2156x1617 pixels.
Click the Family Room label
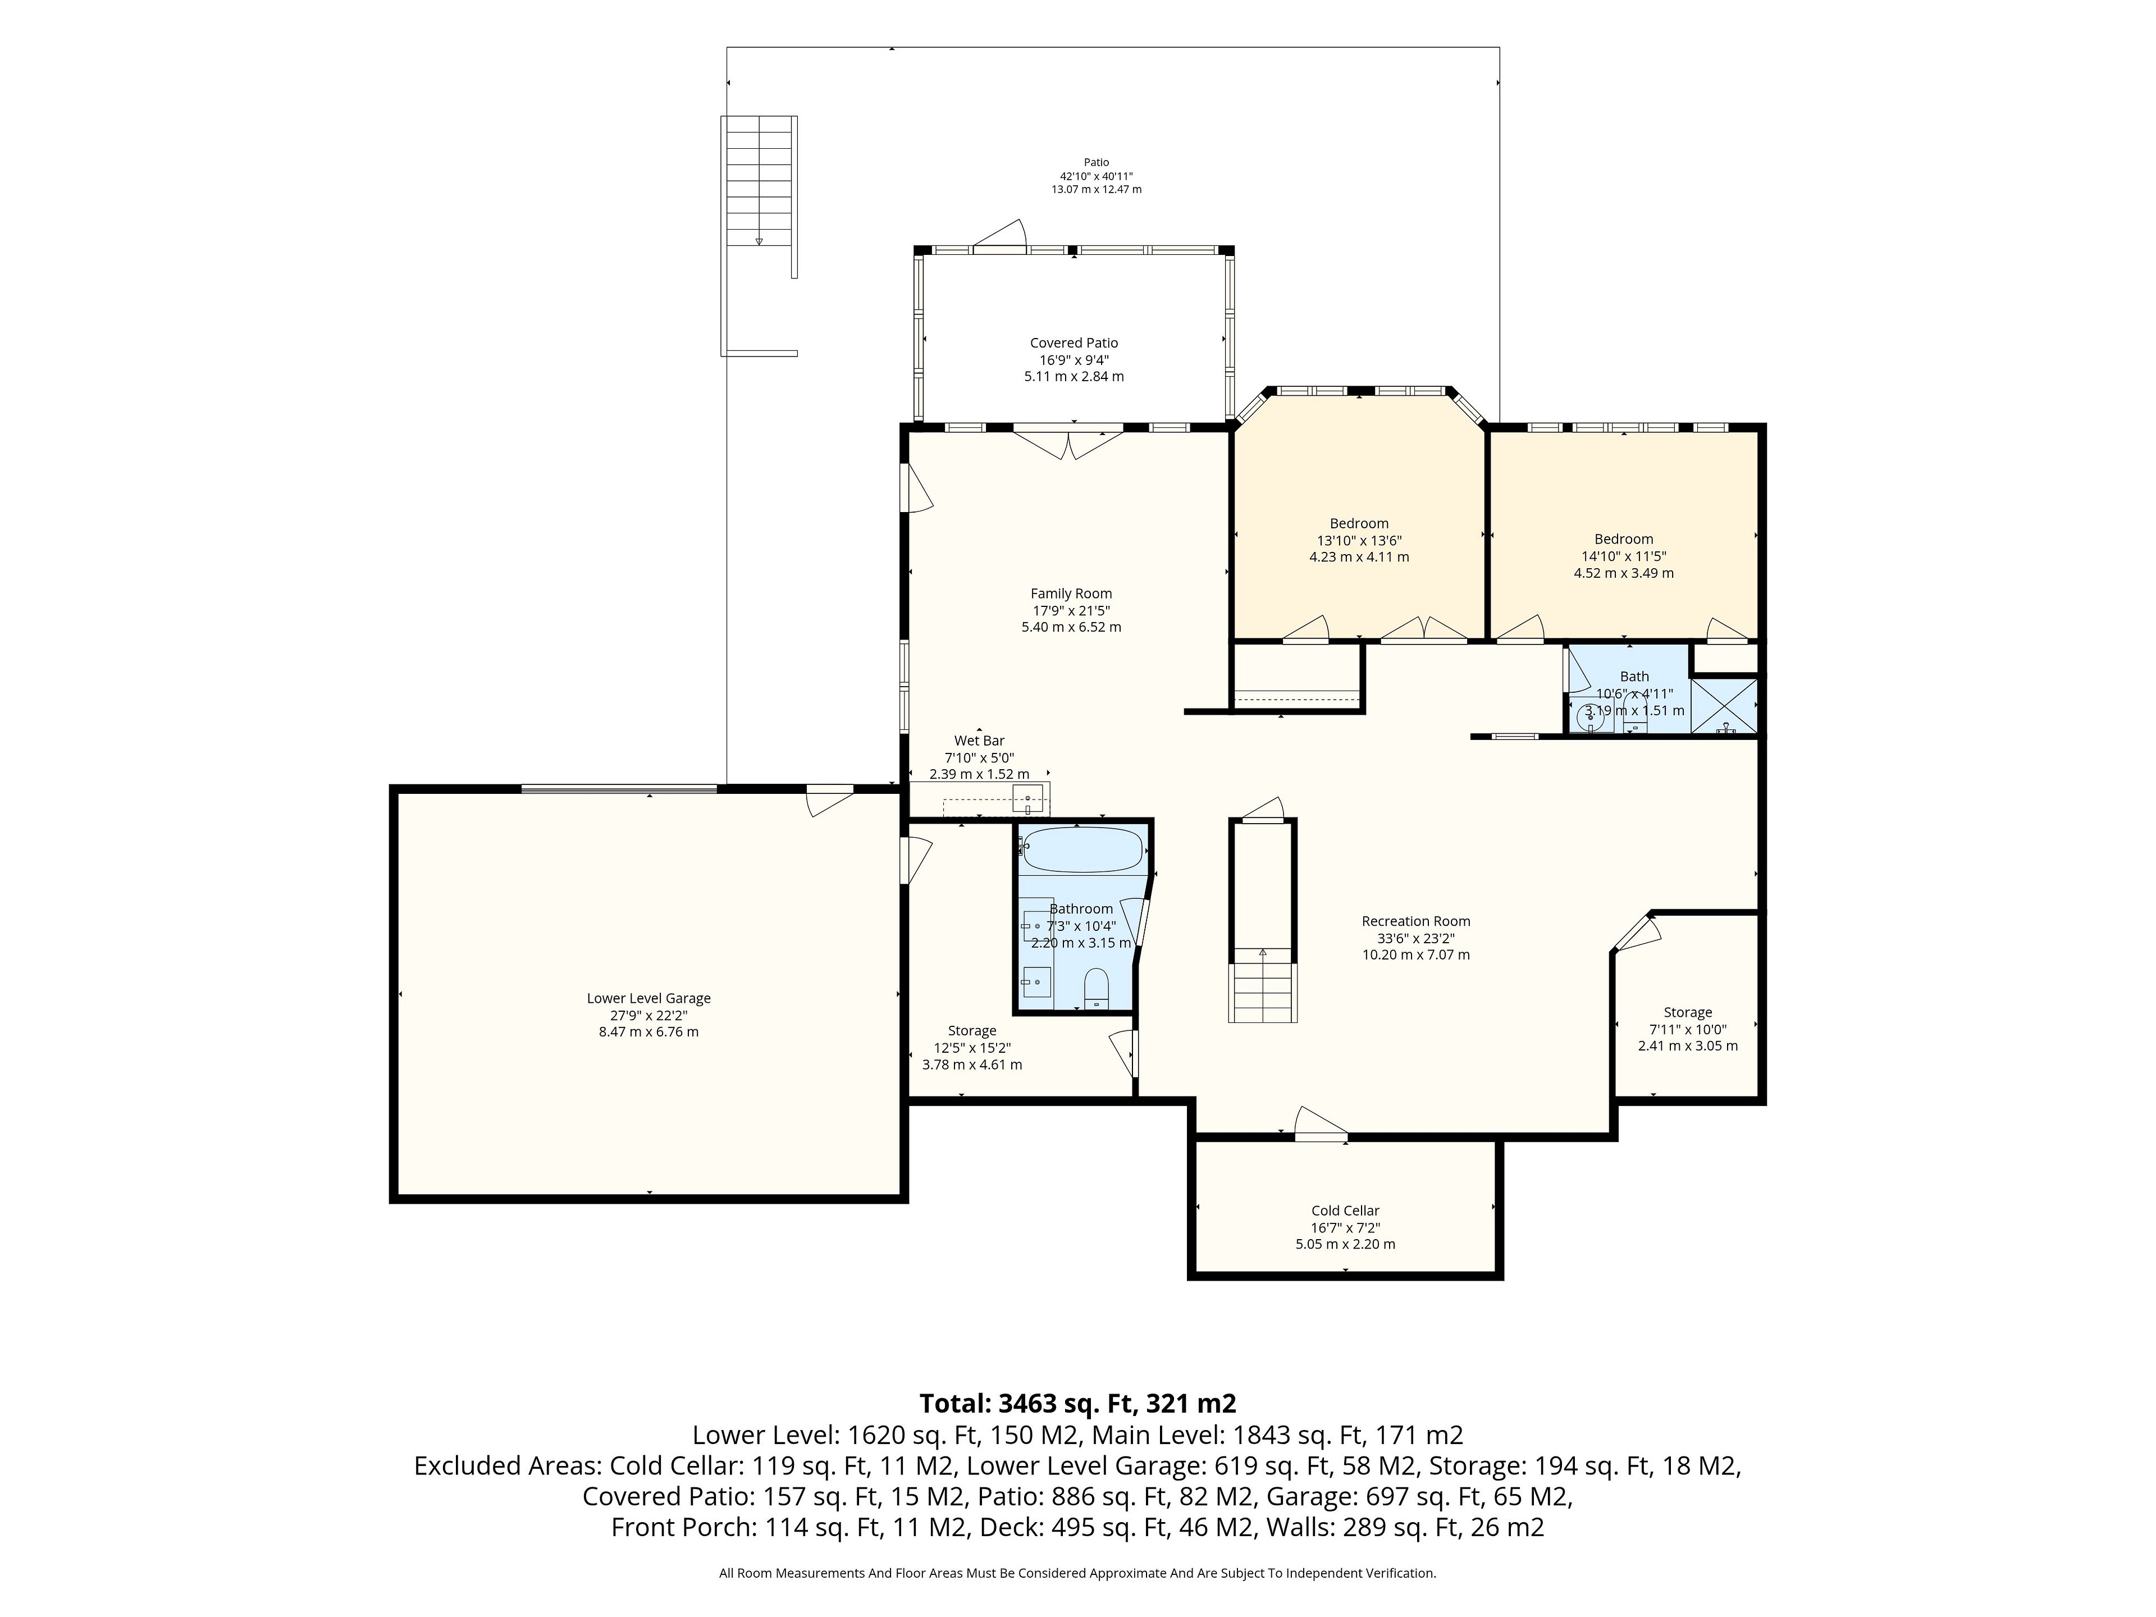(1071, 593)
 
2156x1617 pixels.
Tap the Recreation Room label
(1415, 921)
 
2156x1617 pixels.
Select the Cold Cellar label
(1345, 1211)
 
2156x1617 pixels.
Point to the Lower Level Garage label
(648, 998)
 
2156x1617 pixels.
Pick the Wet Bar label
(979, 741)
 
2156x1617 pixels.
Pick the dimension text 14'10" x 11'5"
(1624, 556)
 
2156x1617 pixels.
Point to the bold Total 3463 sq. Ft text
(1078, 1404)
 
